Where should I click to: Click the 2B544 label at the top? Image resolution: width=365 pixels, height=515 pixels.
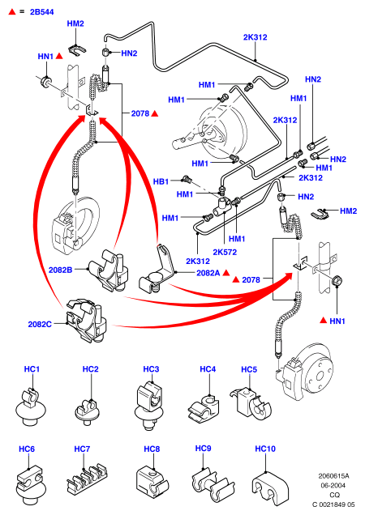[x=41, y=12]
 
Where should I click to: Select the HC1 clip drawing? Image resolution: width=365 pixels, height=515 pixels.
[x=31, y=407]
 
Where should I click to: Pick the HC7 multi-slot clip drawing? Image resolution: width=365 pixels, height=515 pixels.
[x=87, y=479]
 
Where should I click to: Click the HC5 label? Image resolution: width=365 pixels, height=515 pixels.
[x=249, y=369]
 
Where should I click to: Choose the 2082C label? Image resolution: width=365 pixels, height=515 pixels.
[x=40, y=324]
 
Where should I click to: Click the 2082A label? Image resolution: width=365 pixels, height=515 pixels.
[x=208, y=273]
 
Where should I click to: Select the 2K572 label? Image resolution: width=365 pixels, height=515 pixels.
[x=225, y=253]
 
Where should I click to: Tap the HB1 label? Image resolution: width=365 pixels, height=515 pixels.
[x=161, y=181]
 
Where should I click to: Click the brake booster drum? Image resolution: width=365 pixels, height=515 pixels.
[x=223, y=130]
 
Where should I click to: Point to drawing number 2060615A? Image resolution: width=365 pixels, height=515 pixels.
[x=333, y=475]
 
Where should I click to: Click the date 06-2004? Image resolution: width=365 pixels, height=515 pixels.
[x=333, y=485]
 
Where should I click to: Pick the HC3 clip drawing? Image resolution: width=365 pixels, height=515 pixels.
[x=149, y=406]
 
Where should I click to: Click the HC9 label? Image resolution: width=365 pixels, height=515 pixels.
[x=203, y=449]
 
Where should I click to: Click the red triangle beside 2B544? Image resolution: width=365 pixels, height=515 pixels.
[x=12, y=12]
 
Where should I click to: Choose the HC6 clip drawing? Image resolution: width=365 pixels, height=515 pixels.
[x=30, y=484]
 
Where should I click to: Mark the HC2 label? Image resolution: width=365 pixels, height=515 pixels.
[x=91, y=369]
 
